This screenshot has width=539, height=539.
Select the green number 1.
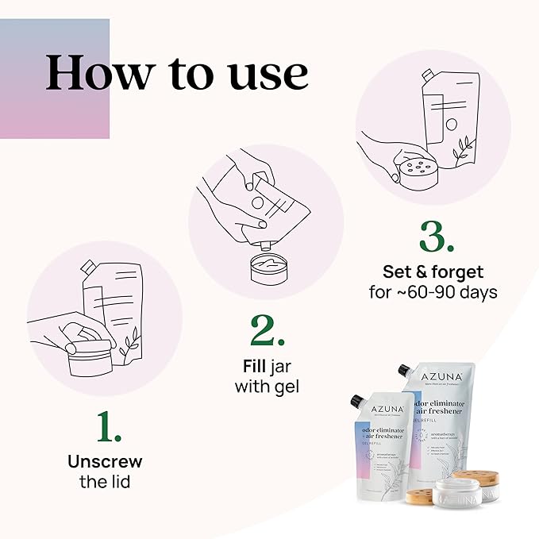click(109, 426)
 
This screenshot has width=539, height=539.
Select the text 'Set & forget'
click(433, 272)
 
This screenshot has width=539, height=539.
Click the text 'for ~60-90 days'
click(433, 292)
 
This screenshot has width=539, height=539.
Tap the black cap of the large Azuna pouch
click(404, 371)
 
